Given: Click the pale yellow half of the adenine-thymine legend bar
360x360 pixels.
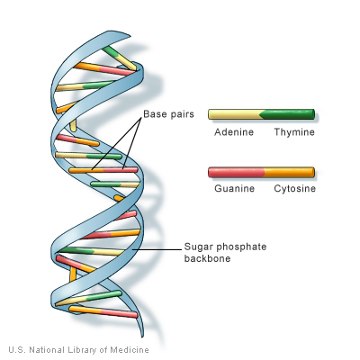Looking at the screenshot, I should pos(232,114).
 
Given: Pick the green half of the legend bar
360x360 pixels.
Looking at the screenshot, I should pos(288,114).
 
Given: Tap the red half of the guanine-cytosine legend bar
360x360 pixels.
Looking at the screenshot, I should pos(235,172).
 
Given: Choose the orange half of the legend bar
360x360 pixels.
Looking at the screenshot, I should pos(288,172).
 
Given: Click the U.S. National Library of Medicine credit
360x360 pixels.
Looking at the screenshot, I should pos(78,349).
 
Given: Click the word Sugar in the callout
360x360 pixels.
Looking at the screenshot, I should pos(196,246).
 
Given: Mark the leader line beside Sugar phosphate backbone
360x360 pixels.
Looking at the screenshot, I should pos(162,248).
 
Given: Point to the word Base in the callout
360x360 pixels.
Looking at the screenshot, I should pos(153,115).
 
